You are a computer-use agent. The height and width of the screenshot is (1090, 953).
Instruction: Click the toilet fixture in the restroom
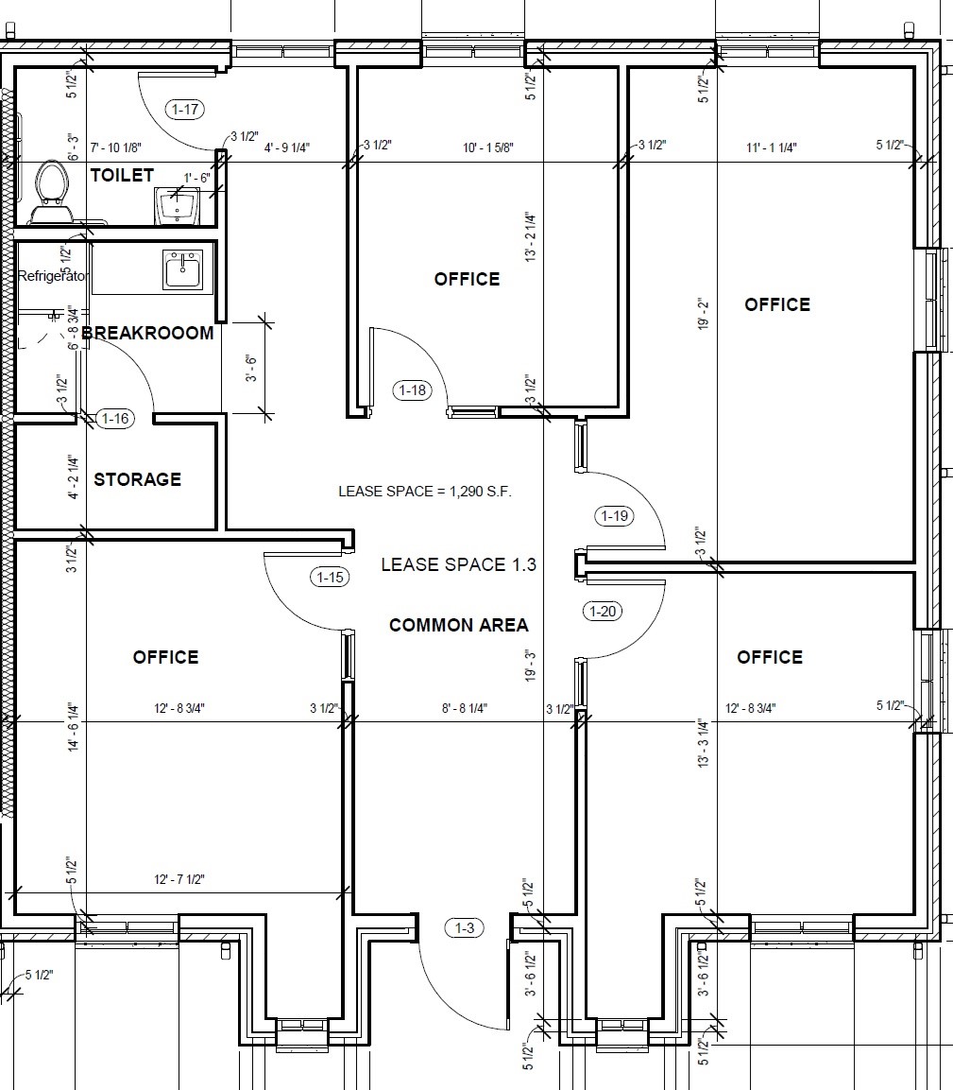(51, 193)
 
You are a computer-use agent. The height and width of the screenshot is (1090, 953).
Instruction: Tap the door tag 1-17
(185, 109)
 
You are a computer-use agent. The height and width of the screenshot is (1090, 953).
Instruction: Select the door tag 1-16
(115, 419)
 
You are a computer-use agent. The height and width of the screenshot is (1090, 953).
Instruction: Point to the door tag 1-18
(413, 390)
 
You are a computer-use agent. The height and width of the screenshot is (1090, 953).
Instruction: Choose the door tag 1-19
(615, 516)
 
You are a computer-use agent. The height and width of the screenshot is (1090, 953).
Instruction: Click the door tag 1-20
(603, 611)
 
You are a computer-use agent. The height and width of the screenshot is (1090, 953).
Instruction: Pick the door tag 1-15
(330, 577)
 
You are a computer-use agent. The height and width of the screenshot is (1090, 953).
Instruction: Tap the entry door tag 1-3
(465, 927)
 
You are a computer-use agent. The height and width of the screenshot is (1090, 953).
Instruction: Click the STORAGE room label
(138, 479)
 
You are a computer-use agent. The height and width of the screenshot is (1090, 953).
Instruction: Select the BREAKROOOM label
(148, 333)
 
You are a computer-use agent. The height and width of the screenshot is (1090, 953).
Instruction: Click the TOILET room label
(122, 175)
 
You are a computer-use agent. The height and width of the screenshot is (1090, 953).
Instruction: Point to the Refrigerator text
(53, 276)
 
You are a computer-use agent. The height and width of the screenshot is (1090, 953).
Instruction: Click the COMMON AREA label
(458, 625)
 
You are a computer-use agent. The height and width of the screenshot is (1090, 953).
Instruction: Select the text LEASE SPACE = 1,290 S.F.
(425, 492)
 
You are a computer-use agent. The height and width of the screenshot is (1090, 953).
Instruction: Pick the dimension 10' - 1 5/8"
(488, 147)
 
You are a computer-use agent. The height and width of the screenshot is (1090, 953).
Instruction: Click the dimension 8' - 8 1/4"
(465, 708)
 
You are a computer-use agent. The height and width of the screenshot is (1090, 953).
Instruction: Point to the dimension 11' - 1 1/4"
(771, 147)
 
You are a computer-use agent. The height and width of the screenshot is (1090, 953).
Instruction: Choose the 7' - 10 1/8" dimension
(116, 147)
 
